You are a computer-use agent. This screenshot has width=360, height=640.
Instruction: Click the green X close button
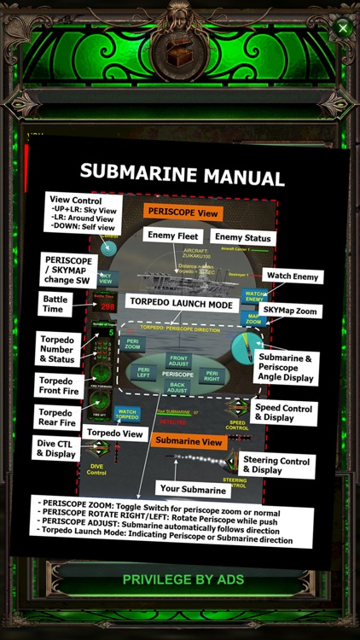click(x=343, y=28)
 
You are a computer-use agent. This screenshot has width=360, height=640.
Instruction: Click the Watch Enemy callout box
click(x=293, y=276)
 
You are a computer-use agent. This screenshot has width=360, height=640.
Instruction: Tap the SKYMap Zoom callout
click(x=289, y=311)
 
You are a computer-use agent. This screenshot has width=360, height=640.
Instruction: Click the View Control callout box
click(x=83, y=213)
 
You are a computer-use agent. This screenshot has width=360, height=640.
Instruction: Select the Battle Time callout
click(x=55, y=305)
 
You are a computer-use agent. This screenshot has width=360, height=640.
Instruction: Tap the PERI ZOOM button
click(x=132, y=344)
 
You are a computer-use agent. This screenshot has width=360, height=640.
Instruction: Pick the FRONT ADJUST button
click(x=177, y=360)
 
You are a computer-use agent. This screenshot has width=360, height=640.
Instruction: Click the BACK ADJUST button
click(x=177, y=389)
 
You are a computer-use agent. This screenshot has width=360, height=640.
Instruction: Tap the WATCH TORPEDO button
click(x=127, y=414)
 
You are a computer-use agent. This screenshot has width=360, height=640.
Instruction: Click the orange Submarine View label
click(x=188, y=441)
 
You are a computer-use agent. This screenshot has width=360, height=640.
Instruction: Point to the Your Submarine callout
click(x=193, y=489)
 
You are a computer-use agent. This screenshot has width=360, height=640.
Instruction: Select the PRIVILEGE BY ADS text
click(x=183, y=579)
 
